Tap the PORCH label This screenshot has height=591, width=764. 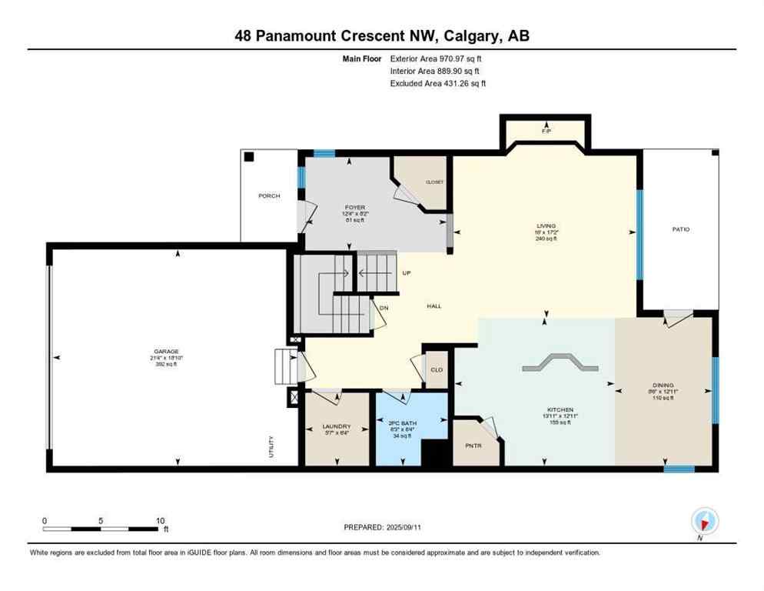[x=269, y=196]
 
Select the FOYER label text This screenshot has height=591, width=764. [x=354, y=207]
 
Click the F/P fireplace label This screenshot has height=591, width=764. [x=546, y=132]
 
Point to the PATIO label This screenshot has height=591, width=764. [x=680, y=229]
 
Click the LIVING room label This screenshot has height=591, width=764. [x=546, y=226]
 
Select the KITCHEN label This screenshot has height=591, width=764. [x=560, y=409]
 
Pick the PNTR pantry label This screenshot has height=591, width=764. [x=471, y=445]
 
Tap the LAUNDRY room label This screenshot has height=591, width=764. [x=337, y=426]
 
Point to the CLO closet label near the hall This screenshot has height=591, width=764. [x=437, y=370]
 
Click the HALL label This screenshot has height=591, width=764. [x=434, y=306]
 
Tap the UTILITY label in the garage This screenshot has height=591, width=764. [x=271, y=449]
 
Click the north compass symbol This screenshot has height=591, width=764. [x=704, y=521]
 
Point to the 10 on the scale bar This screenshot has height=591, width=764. [x=161, y=521]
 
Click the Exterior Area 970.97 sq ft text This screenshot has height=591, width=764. [x=437, y=58]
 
